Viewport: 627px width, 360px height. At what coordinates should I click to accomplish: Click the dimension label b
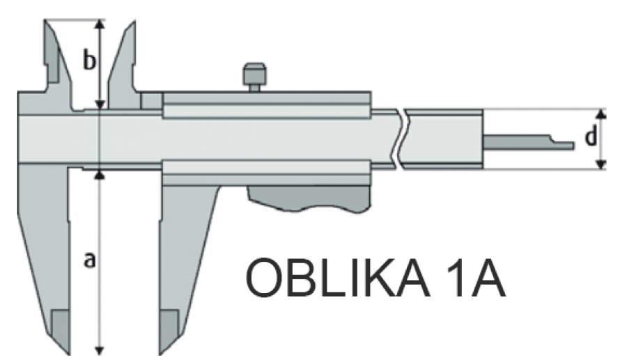pos(89,59)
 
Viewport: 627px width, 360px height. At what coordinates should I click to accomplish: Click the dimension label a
pos(90,260)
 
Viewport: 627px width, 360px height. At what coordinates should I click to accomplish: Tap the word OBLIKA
pos(336,277)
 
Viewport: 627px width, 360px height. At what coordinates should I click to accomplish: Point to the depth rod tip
pos(572,146)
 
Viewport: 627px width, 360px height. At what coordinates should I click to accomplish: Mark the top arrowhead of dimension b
pos(100,25)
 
